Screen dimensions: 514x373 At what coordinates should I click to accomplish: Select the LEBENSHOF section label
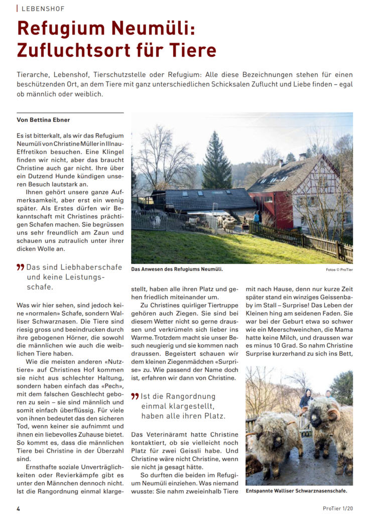pos(43,9)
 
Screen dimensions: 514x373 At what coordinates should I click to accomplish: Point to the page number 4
pos(19,508)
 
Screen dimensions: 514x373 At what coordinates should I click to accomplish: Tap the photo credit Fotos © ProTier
pos(339,270)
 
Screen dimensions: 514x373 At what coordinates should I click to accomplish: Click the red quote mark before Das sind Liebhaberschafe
pos(20,268)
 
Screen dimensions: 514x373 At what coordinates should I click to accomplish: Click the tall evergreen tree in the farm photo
pos(216,161)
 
